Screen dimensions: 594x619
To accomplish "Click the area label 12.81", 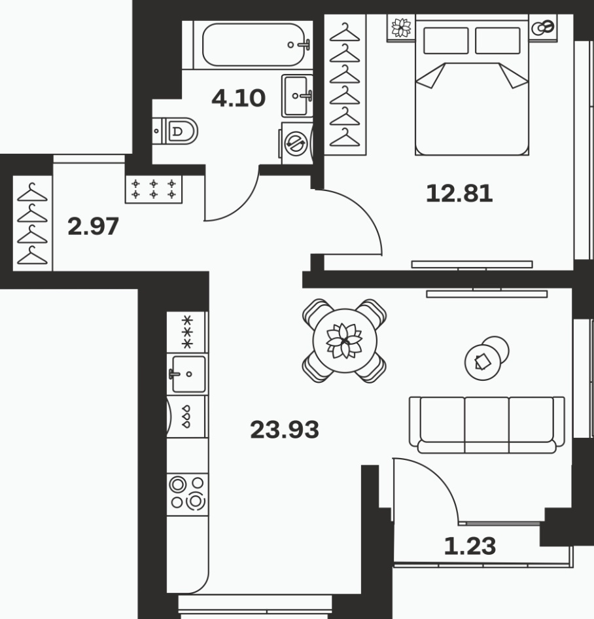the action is click(x=459, y=194).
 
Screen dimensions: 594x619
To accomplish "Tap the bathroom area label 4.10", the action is click(x=238, y=98).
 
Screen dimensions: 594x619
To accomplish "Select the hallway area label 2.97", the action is click(x=93, y=226).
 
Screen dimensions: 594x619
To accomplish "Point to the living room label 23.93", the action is click(x=285, y=430).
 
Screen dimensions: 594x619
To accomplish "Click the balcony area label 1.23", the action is click(x=470, y=546).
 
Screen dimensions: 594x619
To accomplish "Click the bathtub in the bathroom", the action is click(x=256, y=45).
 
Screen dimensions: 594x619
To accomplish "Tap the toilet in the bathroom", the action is click(x=175, y=131).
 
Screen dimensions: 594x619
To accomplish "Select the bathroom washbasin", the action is click(x=297, y=96).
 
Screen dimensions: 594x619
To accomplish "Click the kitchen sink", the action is click(x=188, y=374).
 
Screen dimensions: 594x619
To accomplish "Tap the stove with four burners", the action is click(x=187, y=493).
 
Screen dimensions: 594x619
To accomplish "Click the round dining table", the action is click(x=345, y=341).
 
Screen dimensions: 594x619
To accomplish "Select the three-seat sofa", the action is click(x=487, y=425).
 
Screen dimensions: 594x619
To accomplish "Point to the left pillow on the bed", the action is click(x=446, y=41).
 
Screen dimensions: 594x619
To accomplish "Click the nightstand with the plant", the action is click(x=401, y=27).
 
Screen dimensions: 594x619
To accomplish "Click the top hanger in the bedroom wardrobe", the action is click(x=345, y=33).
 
